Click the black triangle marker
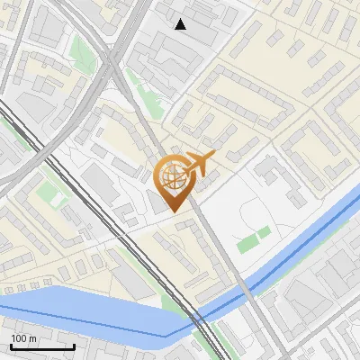[x=181, y=23]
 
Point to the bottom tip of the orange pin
[x=171, y=211]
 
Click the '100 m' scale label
[x=24, y=338]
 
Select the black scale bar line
[x=42, y=346]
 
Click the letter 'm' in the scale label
[x=33, y=338]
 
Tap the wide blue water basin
[x=81, y=310]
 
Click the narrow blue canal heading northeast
[x=297, y=247]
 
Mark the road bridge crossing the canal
[x=245, y=290]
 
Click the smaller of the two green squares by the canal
[x=264, y=233]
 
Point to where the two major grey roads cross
[x=112, y=58]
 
